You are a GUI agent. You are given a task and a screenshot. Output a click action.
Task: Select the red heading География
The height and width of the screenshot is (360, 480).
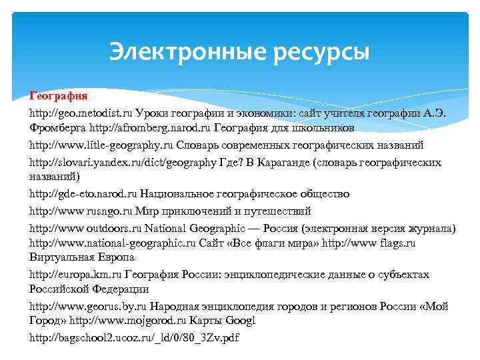(58, 97)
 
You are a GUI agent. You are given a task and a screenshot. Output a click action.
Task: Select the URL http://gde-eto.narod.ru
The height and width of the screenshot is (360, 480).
(83, 194)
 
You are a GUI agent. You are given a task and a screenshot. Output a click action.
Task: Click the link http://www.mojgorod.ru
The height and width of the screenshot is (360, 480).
(122, 321)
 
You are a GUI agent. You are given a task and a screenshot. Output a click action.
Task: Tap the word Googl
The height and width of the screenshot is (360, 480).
(241, 321)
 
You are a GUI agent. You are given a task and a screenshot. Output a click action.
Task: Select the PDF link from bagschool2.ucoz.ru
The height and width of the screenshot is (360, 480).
(133, 338)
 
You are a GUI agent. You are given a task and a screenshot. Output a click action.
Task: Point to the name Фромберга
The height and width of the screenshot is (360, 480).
(58, 127)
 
